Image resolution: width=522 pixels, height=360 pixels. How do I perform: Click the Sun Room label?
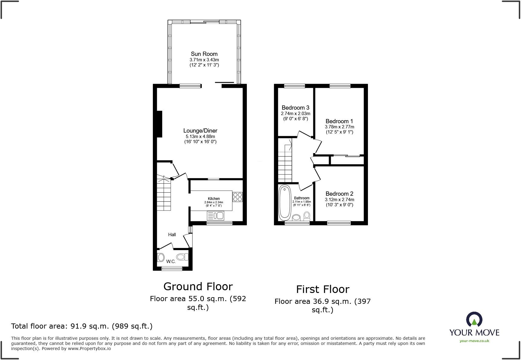click(204, 54)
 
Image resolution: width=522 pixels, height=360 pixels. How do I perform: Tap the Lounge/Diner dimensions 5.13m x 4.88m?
click(200, 137)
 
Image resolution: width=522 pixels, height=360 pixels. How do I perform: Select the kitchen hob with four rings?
click(237, 197)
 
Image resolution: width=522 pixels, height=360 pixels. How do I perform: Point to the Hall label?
click(172, 235)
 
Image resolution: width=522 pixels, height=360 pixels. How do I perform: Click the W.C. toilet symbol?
click(182, 257)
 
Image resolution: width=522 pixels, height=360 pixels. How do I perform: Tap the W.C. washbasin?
click(161, 257)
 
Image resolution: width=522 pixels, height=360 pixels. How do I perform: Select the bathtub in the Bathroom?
click(284, 203)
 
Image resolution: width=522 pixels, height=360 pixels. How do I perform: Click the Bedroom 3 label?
click(295, 108)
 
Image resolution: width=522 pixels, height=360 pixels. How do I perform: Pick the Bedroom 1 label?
click(339, 121)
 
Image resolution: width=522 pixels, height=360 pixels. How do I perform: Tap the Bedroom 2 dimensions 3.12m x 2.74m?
click(339, 200)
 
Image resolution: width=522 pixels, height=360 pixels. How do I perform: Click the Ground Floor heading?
click(198, 286)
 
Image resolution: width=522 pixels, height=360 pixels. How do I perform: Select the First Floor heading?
click(322, 289)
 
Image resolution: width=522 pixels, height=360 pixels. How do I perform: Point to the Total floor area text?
click(82, 326)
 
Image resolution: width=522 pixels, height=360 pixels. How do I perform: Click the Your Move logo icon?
click(474, 319)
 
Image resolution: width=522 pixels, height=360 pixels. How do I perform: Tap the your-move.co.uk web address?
click(474, 341)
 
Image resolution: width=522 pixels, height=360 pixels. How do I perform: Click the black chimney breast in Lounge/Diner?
click(159, 124)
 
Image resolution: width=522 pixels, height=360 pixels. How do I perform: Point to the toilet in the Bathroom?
click(307, 216)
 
